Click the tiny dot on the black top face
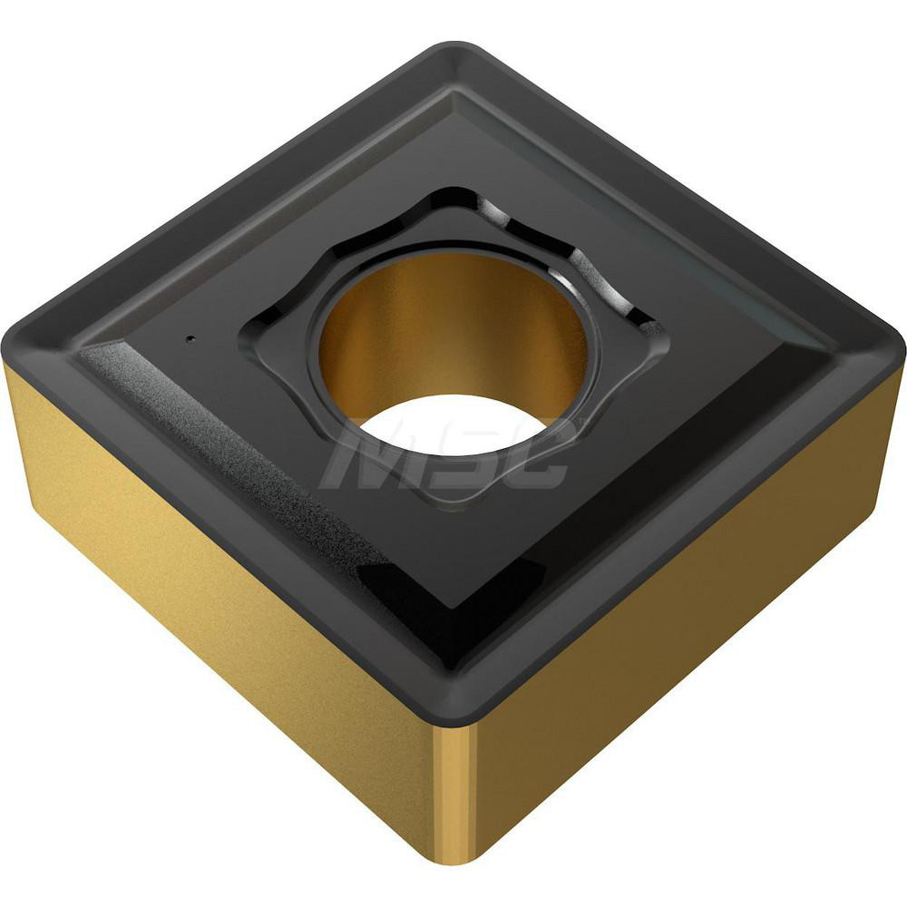coord(190,340)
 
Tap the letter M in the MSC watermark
coord(363,458)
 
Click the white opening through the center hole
coord(453,422)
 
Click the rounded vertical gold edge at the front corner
coord(454,789)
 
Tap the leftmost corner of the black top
coord(11,340)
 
